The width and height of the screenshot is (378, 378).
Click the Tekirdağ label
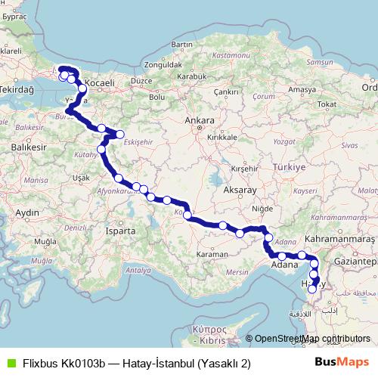(x=20, y=88)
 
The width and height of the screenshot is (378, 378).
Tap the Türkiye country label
(x=288, y=166)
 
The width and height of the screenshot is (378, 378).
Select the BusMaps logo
(x=342, y=362)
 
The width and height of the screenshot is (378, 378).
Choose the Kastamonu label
(x=226, y=56)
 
